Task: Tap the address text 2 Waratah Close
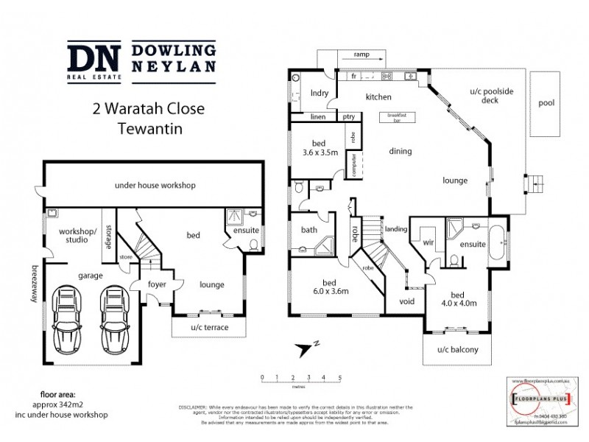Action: click(148, 109)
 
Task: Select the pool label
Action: click(546, 102)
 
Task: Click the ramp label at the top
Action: click(361, 55)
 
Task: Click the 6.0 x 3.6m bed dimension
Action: click(329, 292)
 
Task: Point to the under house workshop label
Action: click(155, 185)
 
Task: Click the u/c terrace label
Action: click(209, 327)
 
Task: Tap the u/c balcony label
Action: click(457, 350)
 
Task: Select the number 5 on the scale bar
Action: click(339, 377)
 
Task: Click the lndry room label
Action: click(319, 94)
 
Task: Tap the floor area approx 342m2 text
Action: click(60, 404)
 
